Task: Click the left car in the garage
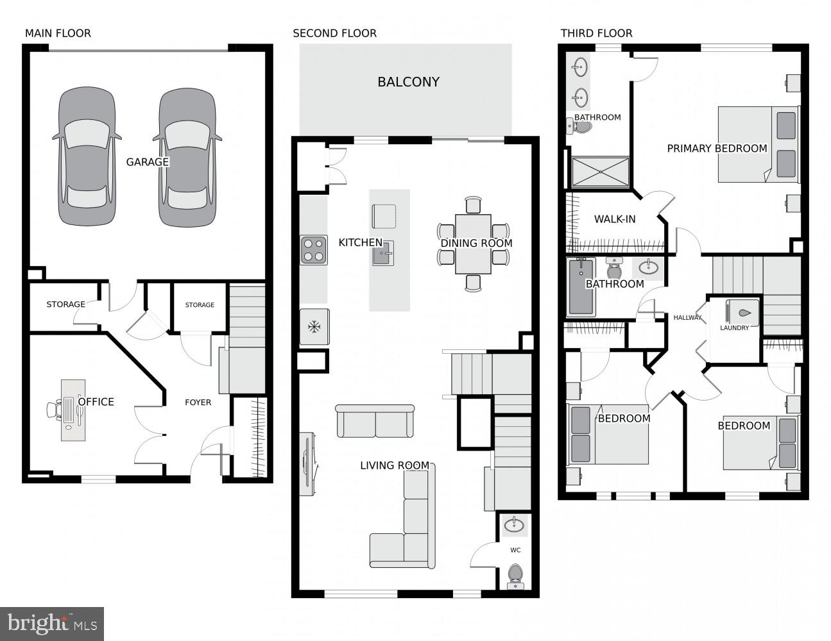point(87,157)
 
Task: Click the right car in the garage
point(187,157)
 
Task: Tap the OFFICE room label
point(96,402)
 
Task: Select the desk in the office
point(73,410)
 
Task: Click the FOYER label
point(198,403)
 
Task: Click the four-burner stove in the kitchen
point(314,250)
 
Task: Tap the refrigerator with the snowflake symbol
point(314,328)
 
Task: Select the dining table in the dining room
point(473,244)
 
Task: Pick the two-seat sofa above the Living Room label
point(375,421)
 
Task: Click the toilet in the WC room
point(515,576)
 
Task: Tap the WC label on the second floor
point(515,550)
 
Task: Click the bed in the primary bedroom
point(758,145)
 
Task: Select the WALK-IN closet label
point(614,219)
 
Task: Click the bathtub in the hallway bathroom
point(581,287)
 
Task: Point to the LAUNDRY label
point(734,328)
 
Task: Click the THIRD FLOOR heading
point(596,33)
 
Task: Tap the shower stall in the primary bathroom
point(601,172)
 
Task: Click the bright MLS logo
point(52,623)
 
